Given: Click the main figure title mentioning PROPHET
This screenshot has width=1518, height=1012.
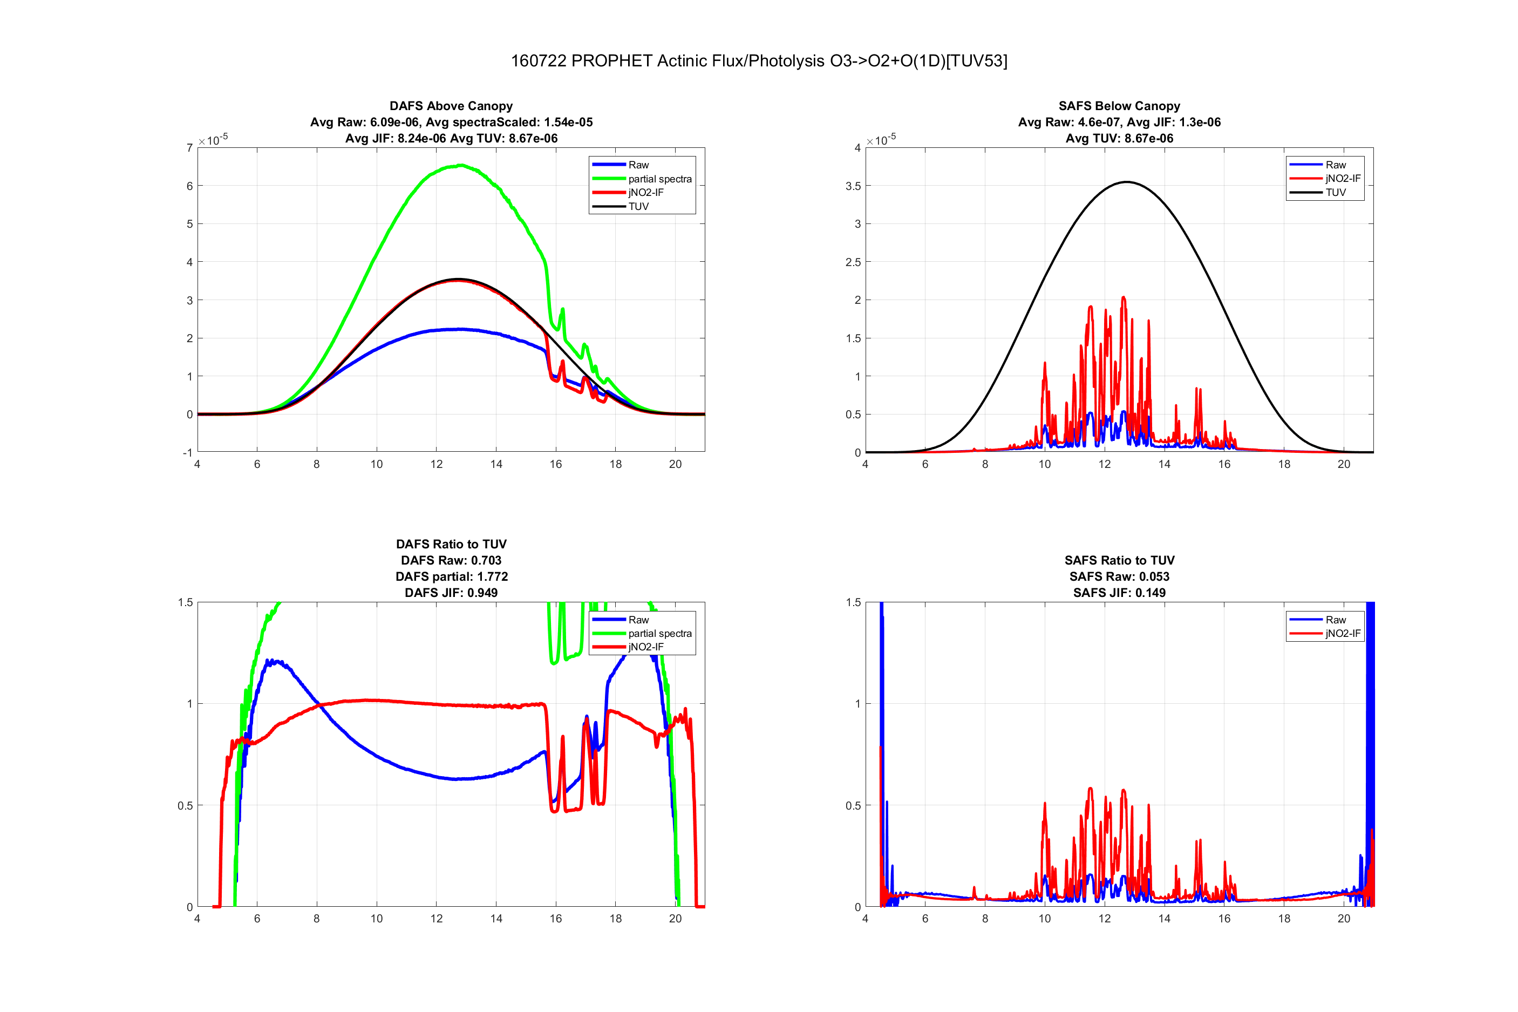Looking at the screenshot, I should pyautogui.click(x=759, y=60).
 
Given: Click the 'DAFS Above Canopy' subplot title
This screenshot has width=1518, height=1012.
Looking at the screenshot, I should pyautogui.click(x=451, y=106).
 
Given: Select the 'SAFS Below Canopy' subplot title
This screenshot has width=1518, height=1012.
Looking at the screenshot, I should pyautogui.click(x=1119, y=106).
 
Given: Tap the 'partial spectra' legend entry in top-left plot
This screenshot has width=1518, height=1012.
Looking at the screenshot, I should pyautogui.click(x=659, y=179).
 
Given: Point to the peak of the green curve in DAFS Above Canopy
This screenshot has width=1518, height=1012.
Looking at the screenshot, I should pyautogui.click(x=461, y=165).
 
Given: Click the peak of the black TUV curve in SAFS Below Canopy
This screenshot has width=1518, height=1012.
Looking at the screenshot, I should pyautogui.click(x=1126, y=182).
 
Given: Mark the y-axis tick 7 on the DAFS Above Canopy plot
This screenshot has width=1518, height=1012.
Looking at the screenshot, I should pyautogui.click(x=189, y=148).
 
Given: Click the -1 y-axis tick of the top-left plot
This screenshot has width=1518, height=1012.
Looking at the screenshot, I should pyautogui.click(x=188, y=452).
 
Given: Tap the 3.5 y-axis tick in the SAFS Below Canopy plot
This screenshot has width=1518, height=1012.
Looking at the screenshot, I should pyautogui.click(x=853, y=186).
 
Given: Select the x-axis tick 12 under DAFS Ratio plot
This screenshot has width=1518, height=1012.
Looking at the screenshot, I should pyautogui.click(x=436, y=919).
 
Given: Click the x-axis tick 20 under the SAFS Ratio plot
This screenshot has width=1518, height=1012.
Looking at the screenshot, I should pyautogui.click(x=1344, y=919).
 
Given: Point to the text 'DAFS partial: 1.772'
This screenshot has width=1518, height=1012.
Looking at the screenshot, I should pyautogui.click(x=452, y=576).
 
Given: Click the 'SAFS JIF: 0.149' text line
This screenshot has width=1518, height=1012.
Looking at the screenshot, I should pyautogui.click(x=1119, y=593).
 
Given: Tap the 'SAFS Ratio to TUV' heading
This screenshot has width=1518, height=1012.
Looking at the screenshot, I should pyautogui.click(x=1119, y=560).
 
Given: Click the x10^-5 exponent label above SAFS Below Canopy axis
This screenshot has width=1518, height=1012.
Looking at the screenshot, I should pyautogui.click(x=881, y=139).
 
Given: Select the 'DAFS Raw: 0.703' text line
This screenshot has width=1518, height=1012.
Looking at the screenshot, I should pyautogui.click(x=451, y=560).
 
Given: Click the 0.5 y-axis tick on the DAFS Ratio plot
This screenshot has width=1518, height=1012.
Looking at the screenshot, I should pyautogui.click(x=185, y=805).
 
